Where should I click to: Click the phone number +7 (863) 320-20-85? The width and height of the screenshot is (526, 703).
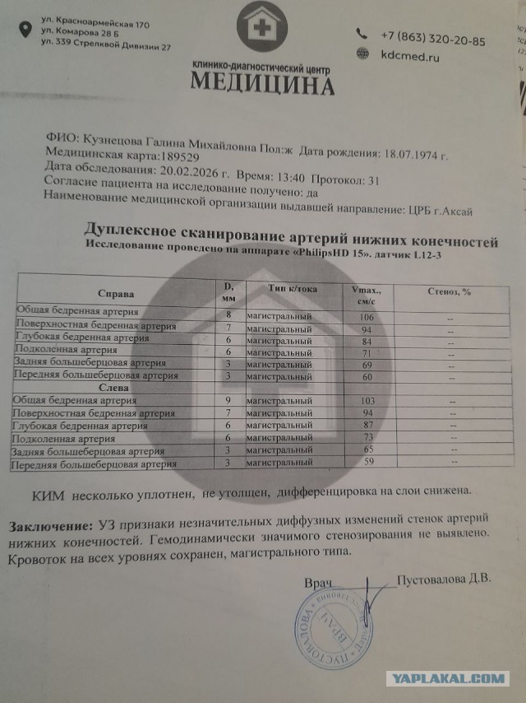(x=433, y=40)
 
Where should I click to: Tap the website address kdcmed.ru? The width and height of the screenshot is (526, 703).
(x=410, y=57)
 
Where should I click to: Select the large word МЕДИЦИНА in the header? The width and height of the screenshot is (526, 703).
(x=263, y=85)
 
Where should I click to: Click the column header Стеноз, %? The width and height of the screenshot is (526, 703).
(x=449, y=291)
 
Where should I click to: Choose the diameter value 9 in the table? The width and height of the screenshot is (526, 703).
(x=228, y=400)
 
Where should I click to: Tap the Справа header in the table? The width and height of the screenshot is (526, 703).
(x=115, y=294)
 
